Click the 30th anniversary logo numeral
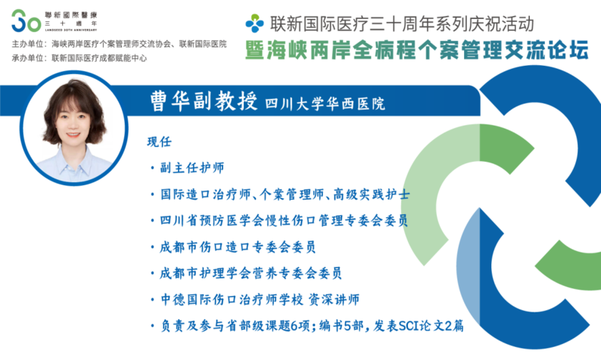[26, 21]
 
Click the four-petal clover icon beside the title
[254, 23]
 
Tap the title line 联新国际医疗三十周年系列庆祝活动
[402, 23]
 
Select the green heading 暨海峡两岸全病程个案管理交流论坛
[416, 51]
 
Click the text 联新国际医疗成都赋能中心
[99, 58]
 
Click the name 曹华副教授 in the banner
[204, 101]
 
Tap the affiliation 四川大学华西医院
[325, 104]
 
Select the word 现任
[159, 141]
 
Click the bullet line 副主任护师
[192, 168]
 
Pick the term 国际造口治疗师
[205, 194]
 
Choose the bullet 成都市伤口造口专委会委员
[238, 247]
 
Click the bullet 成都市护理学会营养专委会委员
[251, 273]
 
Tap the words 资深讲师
[334, 299]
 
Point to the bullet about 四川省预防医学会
[284, 221]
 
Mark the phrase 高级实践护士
[372, 194]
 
